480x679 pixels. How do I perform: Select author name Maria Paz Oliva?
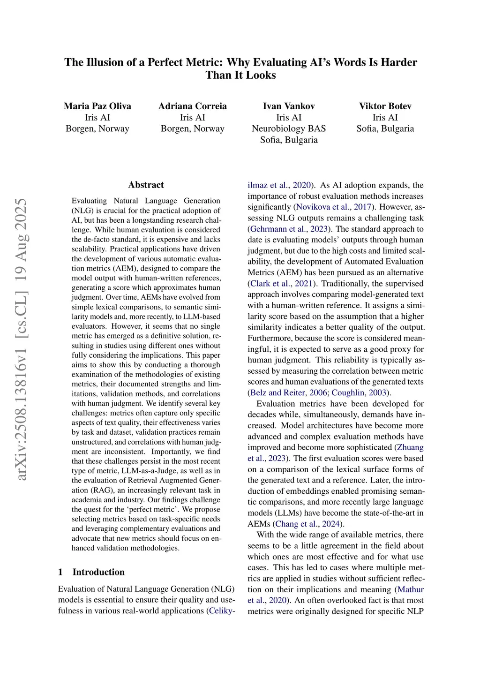[x=97, y=106]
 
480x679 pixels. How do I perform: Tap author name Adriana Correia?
[x=192, y=106]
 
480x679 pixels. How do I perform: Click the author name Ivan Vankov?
[x=289, y=106]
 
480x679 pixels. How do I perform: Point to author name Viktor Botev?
[x=385, y=106]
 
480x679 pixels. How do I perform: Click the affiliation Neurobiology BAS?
[x=289, y=128]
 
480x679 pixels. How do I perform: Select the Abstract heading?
[x=146, y=185]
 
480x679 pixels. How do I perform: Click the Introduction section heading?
[x=98, y=572]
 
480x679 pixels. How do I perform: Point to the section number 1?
[x=60, y=572]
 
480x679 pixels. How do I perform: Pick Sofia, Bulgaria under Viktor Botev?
[x=385, y=128]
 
